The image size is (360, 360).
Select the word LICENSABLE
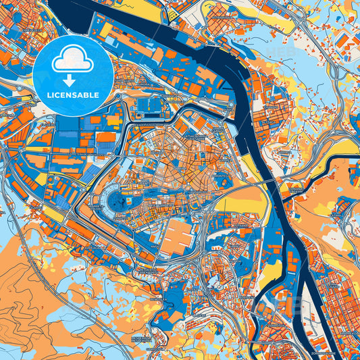[x=73, y=95]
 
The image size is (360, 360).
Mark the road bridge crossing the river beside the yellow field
[x=265, y=183]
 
